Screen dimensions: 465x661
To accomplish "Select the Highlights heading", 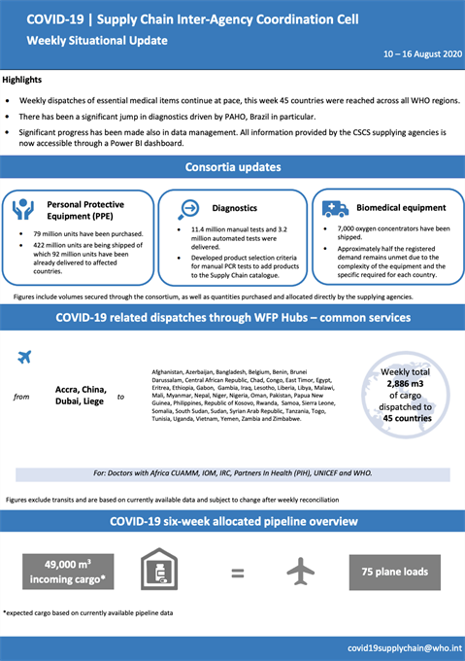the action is click(x=22, y=80).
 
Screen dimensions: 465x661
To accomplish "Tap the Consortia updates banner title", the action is click(x=232, y=167).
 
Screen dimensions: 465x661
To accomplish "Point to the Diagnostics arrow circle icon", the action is click(x=189, y=208).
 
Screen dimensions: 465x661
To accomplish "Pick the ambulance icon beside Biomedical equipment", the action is click(x=335, y=208).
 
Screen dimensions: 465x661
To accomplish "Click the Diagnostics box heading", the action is click(x=235, y=208).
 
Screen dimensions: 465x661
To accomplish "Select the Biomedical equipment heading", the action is click(x=400, y=208).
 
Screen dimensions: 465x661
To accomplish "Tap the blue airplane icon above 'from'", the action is click(x=25, y=357).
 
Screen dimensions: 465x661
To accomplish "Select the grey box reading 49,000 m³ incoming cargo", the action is click(x=66, y=573).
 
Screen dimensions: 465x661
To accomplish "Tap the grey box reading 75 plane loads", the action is click(x=393, y=572).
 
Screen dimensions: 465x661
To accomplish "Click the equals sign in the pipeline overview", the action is click(x=237, y=573).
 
